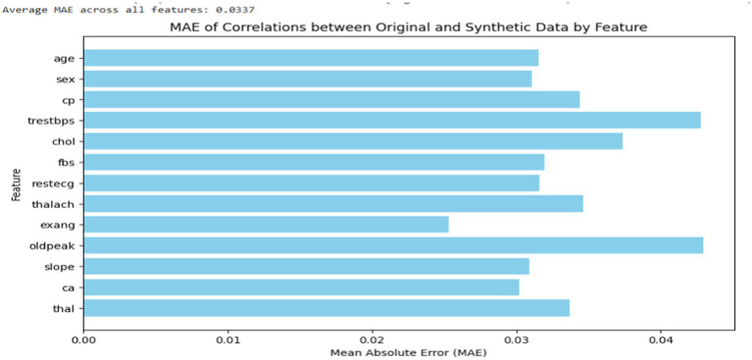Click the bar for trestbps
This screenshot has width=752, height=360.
[x=392, y=120]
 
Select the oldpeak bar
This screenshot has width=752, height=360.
[x=394, y=245]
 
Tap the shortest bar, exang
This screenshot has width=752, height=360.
[x=266, y=225]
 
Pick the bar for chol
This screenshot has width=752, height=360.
[x=354, y=141]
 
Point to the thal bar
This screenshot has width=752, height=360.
[x=326, y=308]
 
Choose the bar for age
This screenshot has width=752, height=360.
[x=311, y=58]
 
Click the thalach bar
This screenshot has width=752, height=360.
[x=333, y=203]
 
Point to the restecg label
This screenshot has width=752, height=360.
[x=60, y=183]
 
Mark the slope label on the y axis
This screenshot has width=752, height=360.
[x=65, y=267]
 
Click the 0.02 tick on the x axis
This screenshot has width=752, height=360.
[x=372, y=338]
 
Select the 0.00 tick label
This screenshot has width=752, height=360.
[x=84, y=338]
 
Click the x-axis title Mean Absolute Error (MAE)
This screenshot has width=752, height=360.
[x=408, y=353]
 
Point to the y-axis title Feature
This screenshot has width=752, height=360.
[x=18, y=184]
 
